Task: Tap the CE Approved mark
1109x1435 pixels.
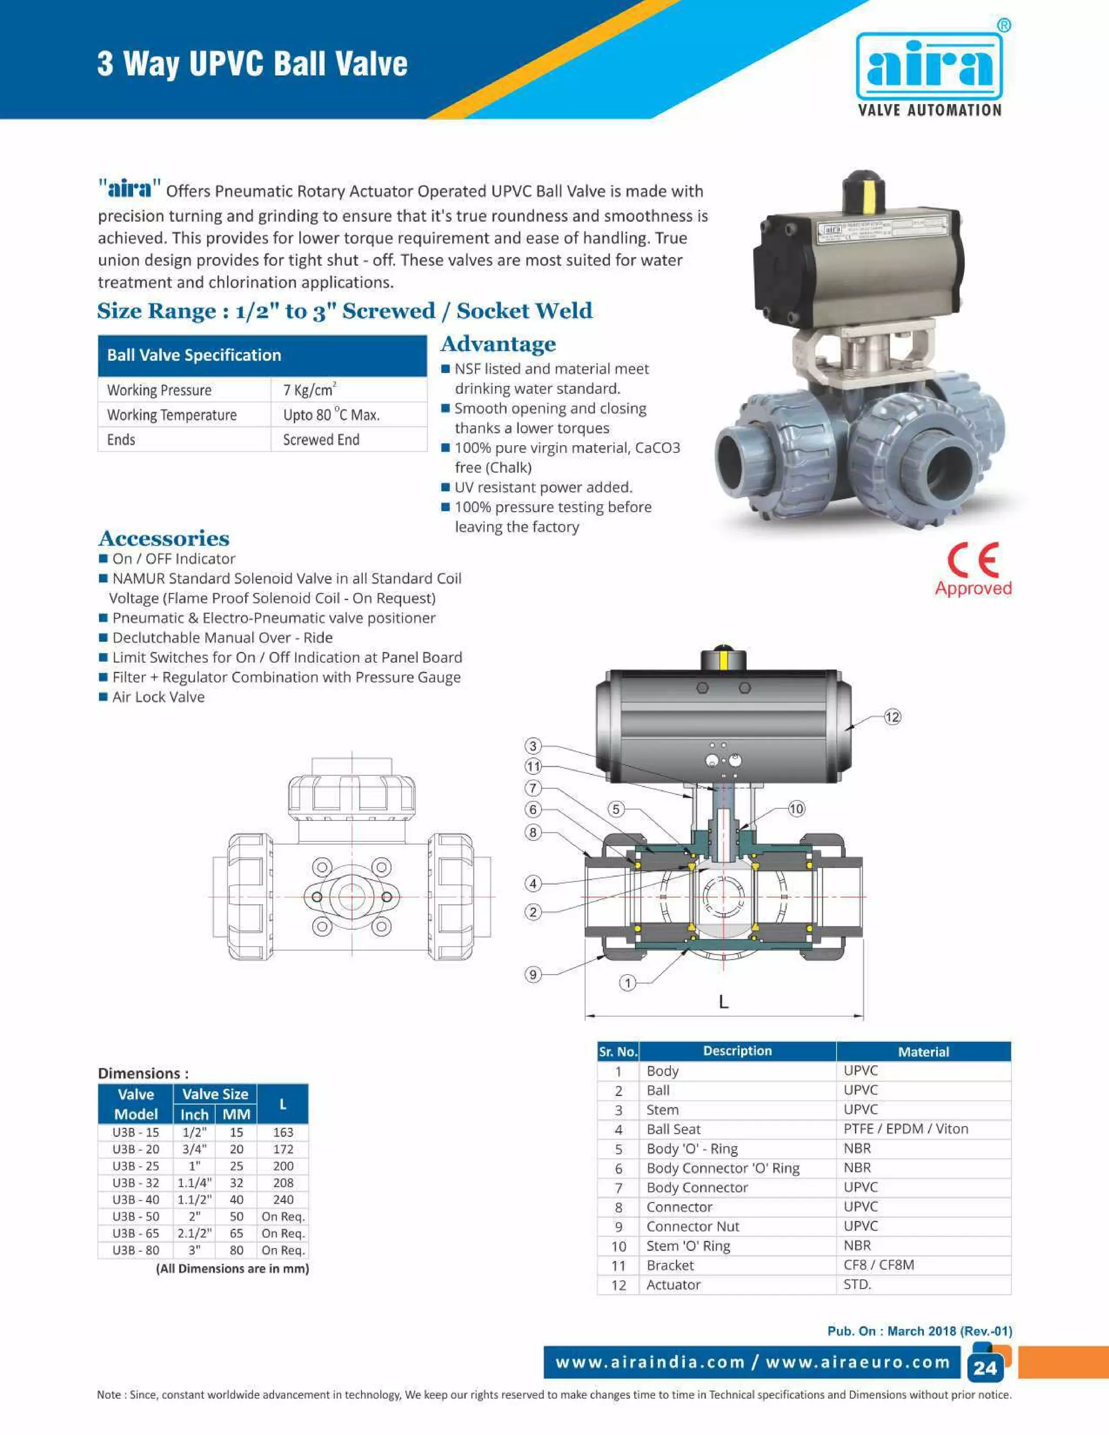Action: (x=973, y=570)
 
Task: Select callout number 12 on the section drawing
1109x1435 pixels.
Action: (x=892, y=717)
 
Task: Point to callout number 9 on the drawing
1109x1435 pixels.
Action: (x=533, y=974)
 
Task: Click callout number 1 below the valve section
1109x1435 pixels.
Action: (x=628, y=983)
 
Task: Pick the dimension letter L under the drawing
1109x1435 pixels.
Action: (x=723, y=1002)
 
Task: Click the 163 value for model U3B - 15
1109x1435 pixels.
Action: (x=283, y=1132)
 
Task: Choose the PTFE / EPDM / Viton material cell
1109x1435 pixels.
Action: (x=905, y=1129)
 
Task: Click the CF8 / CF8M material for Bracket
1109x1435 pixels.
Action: (x=878, y=1265)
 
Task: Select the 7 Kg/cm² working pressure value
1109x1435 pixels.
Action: (x=309, y=390)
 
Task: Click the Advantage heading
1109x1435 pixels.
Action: (x=498, y=344)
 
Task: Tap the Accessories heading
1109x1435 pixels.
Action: (x=164, y=538)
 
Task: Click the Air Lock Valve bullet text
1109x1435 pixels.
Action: (x=158, y=697)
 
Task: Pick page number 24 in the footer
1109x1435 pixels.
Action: (x=985, y=1368)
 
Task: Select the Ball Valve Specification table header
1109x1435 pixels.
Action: (x=262, y=355)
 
